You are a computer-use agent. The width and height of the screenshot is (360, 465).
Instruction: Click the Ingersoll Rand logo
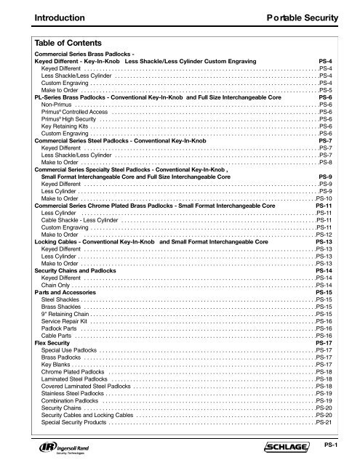pyautogui.click(x=58, y=444)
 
